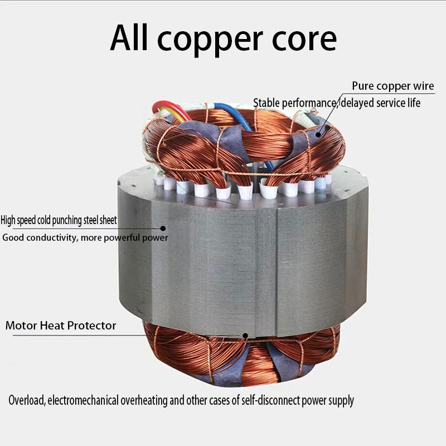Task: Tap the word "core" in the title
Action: (304, 40)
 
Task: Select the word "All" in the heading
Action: (129, 38)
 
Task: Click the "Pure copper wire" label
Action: (393, 86)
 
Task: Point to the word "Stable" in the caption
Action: (266, 103)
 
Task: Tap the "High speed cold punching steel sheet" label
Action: (59, 220)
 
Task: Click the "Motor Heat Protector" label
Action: (61, 326)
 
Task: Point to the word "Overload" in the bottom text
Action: (27, 400)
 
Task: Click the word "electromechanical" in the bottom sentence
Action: (83, 400)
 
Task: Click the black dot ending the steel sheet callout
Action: (163, 228)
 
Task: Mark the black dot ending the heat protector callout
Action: (245, 336)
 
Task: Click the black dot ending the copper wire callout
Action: (318, 134)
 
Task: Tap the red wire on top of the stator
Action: (170, 108)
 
